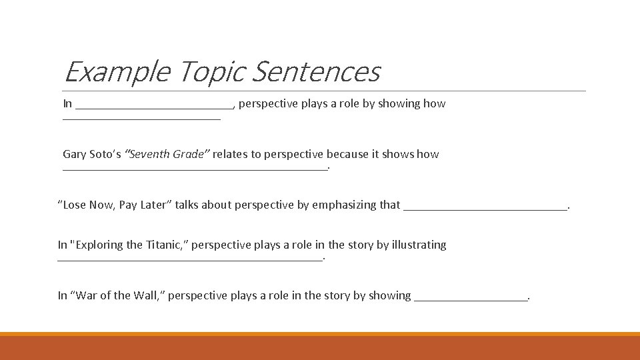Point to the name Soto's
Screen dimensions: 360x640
[x=105, y=155]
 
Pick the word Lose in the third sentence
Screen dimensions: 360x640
[x=75, y=205]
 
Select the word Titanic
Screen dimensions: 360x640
[x=164, y=245]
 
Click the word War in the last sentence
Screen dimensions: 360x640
[x=85, y=296]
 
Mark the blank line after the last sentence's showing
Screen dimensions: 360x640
[x=471, y=299]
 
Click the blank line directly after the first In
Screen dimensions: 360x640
[x=154, y=107]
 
